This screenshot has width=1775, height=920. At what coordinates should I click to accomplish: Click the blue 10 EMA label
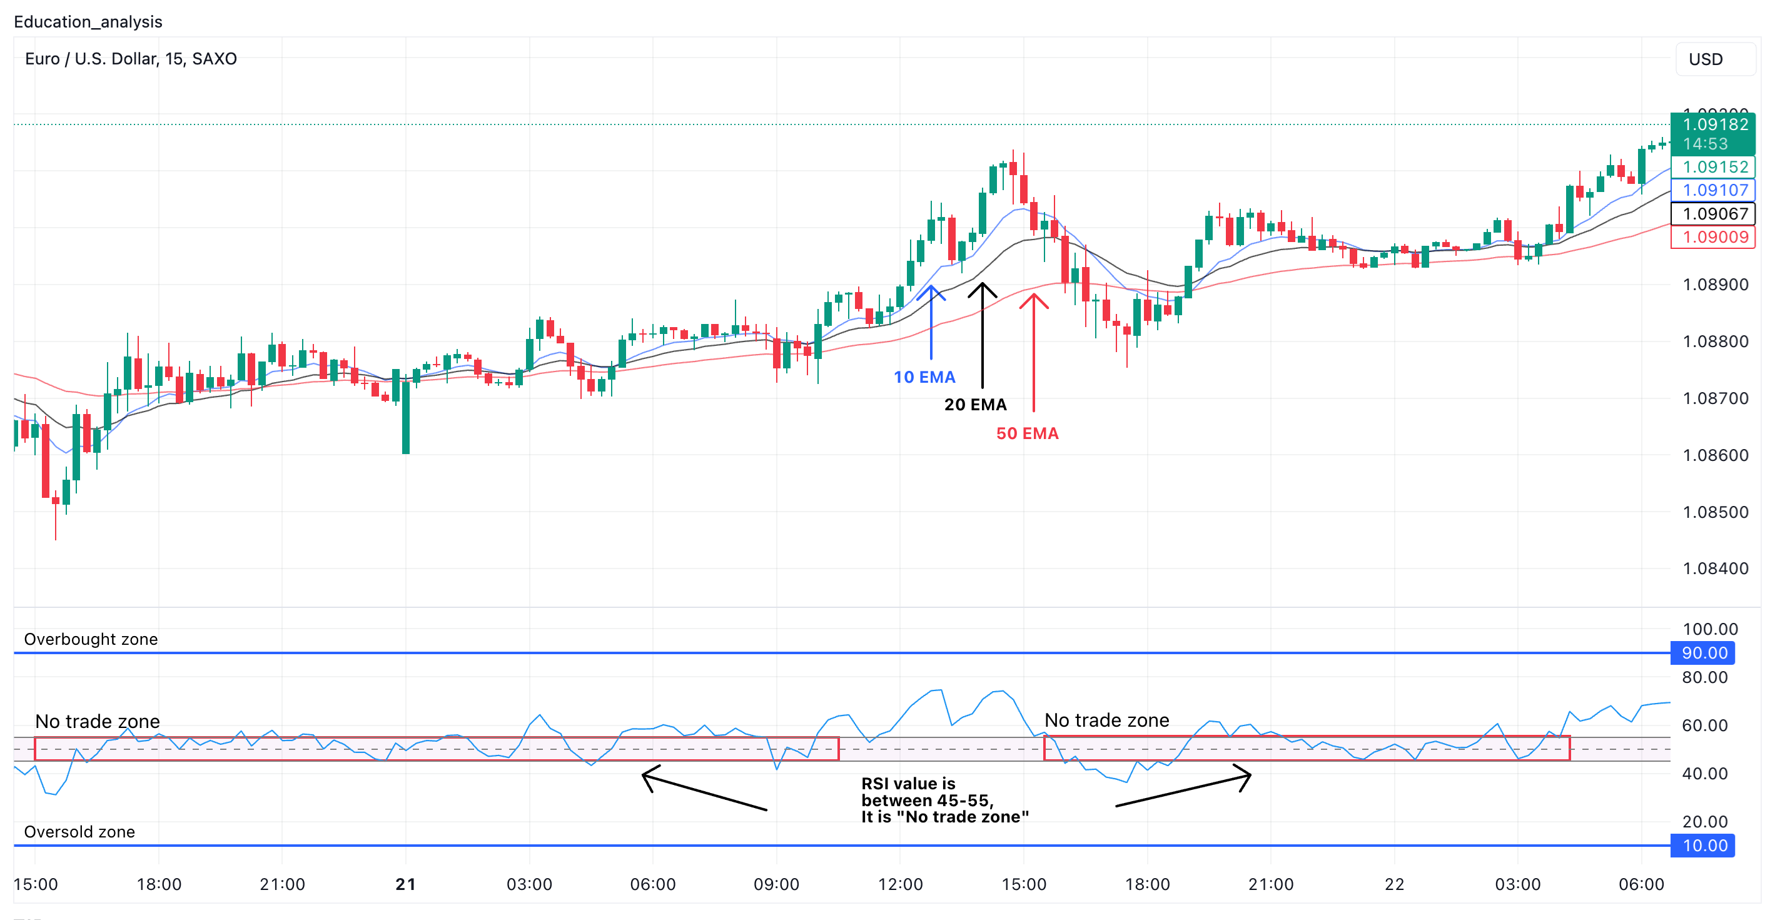click(x=924, y=377)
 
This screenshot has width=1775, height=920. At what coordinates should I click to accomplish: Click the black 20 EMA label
click(x=975, y=405)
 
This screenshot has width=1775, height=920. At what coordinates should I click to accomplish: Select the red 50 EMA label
click(x=1027, y=433)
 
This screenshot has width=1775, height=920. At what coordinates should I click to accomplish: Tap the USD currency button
click(x=1706, y=59)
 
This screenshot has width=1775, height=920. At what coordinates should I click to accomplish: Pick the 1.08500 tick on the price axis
click(x=1715, y=512)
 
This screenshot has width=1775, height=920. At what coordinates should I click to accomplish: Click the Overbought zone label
click(x=91, y=639)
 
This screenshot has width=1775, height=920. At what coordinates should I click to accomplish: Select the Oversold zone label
click(x=79, y=832)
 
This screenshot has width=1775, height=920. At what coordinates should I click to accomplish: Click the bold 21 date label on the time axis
click(x=406, y=884)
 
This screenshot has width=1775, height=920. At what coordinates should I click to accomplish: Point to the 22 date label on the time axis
click(x=1394, y=884)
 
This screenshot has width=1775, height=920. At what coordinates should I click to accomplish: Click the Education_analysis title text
click(x=88, y=21)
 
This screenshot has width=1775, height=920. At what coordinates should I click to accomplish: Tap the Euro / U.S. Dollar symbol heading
click(x=131, y=59)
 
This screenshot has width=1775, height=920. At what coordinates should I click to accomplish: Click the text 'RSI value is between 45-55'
click(x=944, y=800)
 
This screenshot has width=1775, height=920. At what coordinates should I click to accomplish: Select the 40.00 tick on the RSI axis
click(x=1705, y=773)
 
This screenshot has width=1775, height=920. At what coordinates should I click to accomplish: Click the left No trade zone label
click(x=97, y=722)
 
